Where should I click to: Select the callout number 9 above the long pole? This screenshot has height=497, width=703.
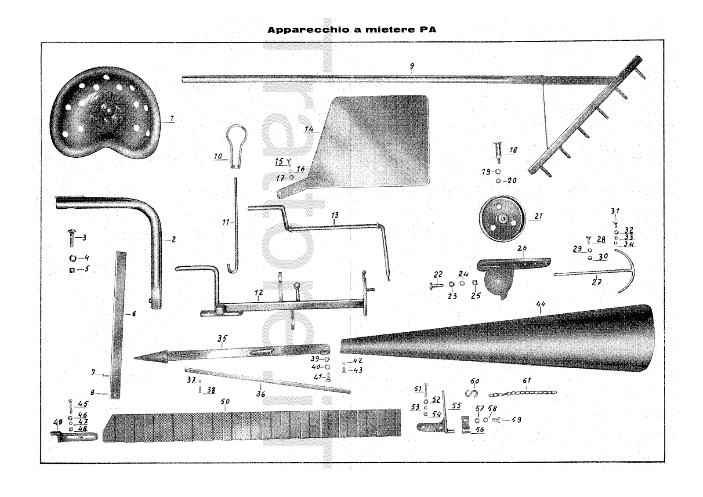coord(412,66)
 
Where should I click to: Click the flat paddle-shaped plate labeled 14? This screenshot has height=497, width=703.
coord(378,141)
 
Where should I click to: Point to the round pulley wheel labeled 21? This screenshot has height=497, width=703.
coord(502,218)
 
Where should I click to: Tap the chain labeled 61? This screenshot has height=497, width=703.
coord(523,392)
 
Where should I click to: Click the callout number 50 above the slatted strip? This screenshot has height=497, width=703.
coord(225,402)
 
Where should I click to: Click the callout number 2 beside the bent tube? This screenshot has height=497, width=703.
coord(174,239)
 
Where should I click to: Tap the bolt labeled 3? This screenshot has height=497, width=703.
coord(71,238)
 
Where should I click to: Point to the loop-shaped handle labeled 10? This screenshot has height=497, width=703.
coord(236,143)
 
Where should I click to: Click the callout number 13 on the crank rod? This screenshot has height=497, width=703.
coord(335,215)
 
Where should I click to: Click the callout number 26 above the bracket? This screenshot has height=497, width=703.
coord(522,248)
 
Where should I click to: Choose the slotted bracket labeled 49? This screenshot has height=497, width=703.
coord(75,436)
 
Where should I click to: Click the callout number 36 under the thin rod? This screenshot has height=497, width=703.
coord(261,394)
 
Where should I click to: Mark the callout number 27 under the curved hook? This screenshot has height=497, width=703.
coord(596,282)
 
